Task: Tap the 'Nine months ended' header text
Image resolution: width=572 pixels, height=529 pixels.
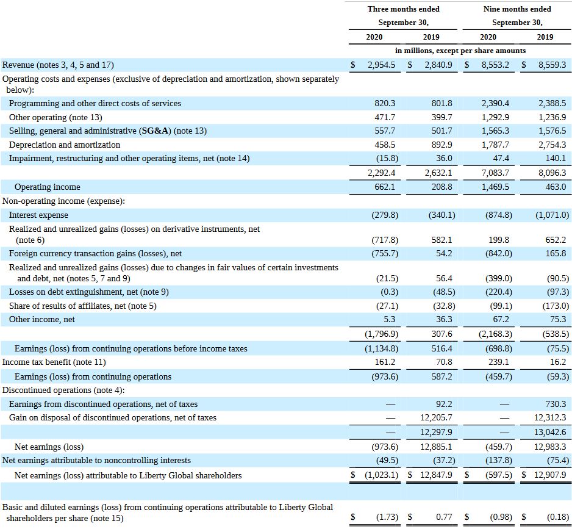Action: click(x=517, y=9)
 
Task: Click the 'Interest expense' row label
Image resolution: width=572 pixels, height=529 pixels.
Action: click(x=38, y=215)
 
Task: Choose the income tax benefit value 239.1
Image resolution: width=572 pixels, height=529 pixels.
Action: click(x=499, y=362)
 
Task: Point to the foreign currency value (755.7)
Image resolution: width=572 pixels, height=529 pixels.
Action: click(x=384, y=253)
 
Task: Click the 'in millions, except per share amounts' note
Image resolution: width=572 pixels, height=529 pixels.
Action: click(x=460, y=51)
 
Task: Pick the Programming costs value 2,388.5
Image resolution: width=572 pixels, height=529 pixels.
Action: click(x=552, y=103)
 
